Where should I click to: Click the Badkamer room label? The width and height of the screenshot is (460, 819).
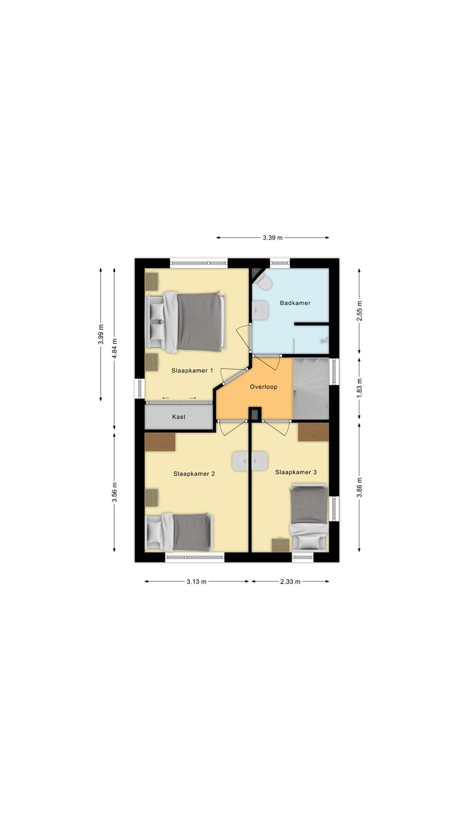[x=295, y=303]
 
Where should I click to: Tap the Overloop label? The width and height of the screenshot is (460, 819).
[x=264, y=387]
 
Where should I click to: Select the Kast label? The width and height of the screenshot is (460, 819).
[x=179, y=416]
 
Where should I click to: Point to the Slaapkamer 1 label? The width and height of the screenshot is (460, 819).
[x=192, y=370]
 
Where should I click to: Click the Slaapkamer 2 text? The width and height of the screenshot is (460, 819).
[x=194, y=473]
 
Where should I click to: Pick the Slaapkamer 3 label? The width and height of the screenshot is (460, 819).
[x=296, y=472]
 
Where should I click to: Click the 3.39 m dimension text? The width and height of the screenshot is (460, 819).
[x=273, y=238]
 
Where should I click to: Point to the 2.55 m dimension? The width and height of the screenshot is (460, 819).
[x=359, y=311]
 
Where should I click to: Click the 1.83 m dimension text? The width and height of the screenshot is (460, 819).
[x=359, y=387]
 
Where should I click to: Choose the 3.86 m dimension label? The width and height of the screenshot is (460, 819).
[x=359, y=487]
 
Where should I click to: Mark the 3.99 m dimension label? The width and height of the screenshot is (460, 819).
[x=101, y=334]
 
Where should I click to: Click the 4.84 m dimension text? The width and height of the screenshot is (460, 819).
[x=114, y=349]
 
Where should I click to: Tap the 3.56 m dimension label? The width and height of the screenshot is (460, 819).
[x=114, y=493]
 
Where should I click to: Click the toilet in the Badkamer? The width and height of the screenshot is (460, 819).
[x=264, y=282]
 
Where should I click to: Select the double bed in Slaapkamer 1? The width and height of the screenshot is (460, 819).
[x=185, y=322]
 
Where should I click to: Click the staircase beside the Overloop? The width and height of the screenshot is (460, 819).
[x=311, y=388]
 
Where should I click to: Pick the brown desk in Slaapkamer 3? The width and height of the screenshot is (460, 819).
[x=313, y=432]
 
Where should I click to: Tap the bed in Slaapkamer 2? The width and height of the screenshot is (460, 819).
[x=179, y=532]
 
